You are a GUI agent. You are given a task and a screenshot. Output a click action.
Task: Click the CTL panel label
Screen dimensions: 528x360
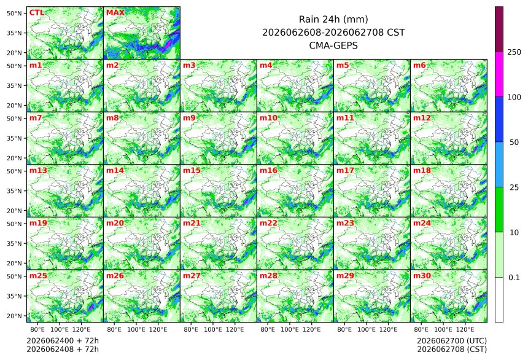37,13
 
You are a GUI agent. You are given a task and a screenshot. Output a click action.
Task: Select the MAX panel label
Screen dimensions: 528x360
115,13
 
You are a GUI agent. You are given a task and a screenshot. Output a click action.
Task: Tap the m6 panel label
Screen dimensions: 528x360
419,65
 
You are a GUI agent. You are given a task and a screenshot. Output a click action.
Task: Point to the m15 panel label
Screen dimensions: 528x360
192,171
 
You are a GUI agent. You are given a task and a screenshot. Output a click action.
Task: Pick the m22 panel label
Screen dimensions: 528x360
268,223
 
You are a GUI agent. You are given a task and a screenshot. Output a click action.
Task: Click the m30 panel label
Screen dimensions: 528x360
422,276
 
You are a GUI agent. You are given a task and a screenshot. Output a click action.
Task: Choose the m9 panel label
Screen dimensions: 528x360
189,118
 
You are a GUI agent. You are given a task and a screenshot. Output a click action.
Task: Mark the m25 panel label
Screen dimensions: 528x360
38,276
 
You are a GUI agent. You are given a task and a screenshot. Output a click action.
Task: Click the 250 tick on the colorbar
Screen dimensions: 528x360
514,52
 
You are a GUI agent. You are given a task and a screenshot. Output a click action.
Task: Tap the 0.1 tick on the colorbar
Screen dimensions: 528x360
514,278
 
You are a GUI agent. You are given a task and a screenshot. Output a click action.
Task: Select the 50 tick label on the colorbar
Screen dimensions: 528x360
514,143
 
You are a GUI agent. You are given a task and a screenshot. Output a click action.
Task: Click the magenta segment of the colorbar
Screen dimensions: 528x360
499,74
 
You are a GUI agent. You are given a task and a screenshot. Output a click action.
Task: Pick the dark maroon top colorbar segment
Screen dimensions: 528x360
499,29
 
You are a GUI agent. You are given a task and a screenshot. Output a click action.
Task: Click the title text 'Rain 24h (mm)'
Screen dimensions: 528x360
333,19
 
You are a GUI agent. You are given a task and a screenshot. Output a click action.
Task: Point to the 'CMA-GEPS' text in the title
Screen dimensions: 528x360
333,45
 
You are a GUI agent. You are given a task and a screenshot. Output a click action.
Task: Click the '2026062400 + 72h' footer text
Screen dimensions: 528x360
63,341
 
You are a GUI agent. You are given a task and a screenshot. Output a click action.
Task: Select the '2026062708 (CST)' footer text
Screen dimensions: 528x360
452,350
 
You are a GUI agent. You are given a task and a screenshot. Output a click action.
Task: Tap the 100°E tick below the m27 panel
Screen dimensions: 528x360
213,329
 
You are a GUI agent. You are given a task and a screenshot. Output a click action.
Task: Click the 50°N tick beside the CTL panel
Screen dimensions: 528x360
15,13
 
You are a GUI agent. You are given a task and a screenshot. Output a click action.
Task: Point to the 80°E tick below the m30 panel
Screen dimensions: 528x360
421,329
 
